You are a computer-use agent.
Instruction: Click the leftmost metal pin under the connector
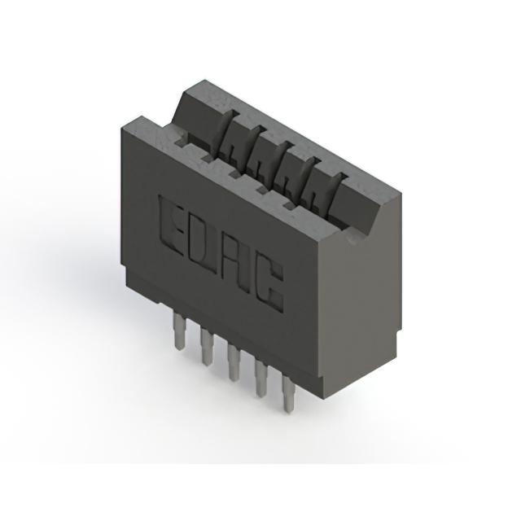coord(179,332)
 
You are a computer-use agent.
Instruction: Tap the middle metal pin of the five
coord(234,362)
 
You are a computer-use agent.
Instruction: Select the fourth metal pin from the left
coord(260,378)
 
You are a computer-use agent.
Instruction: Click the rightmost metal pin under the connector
coord(288,393)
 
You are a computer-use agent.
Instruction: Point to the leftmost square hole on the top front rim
coord(181,143)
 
